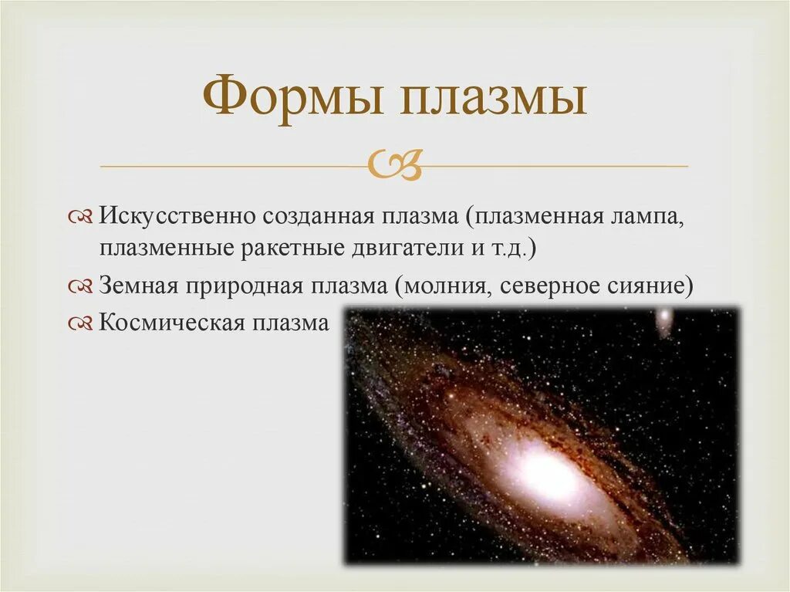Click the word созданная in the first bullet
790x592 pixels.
(x=316, y=216)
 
